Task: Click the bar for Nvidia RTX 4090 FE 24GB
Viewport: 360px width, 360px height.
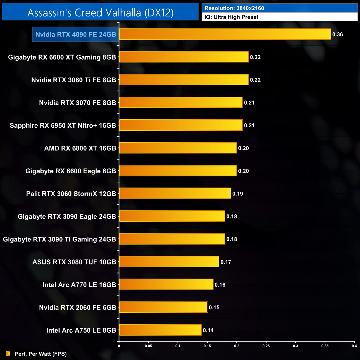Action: [225, 34]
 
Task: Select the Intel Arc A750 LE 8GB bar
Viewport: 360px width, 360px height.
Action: [160, 330]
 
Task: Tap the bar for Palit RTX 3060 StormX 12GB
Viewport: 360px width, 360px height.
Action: [175, 194]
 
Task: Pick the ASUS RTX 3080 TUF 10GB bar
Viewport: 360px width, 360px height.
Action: [169, 262]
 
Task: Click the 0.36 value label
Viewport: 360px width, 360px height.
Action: [338, 35]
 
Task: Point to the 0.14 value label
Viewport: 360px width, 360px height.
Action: [208, 330]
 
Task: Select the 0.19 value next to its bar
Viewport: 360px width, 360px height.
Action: [238, 194]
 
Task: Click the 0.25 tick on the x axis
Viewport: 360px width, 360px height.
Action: [266, 346]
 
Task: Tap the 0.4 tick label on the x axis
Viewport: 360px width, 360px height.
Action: [354, 346]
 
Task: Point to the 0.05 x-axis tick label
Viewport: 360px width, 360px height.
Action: [148, 346]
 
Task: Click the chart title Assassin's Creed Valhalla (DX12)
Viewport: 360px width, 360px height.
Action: [100, 13]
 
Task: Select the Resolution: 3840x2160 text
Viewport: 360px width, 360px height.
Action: [234, 8]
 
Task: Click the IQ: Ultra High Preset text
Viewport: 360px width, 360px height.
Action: [231, 17]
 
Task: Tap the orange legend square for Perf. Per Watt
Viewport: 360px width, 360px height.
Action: [8, 354]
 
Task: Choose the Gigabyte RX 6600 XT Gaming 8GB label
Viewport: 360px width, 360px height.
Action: [62, 57]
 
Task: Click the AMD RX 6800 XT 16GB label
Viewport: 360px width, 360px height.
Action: [80, 148]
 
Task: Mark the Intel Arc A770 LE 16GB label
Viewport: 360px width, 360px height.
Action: [79, 285]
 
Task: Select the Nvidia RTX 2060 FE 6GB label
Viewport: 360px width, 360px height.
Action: [78, 307]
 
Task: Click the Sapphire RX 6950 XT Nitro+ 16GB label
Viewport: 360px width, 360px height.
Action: [63, 125]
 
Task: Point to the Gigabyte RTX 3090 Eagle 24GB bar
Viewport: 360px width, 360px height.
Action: [172, 216]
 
